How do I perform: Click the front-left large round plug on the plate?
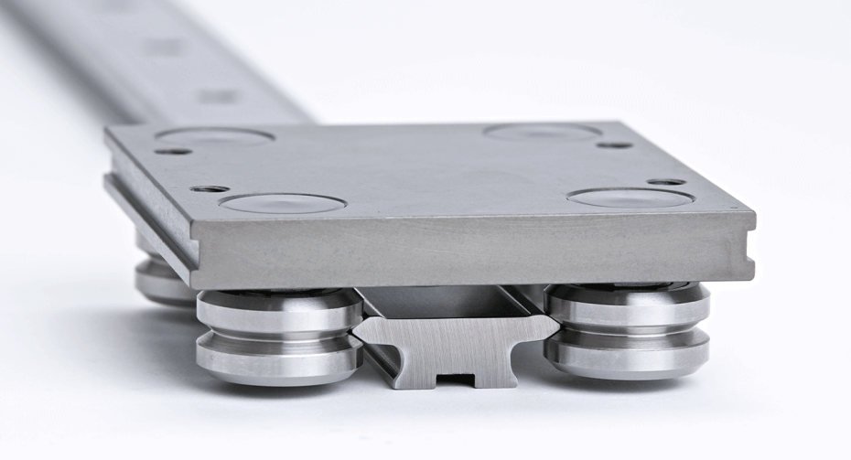point(282,203)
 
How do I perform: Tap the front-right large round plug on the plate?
point(630,198)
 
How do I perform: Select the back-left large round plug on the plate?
point(214,136)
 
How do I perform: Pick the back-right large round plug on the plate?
point(542,132)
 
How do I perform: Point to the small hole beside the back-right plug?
point(614,144)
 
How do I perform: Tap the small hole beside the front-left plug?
point(210,188)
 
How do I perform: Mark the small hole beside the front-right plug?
point(666,182)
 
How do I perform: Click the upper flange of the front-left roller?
point(279,310)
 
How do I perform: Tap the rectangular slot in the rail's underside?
point(455,377)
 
